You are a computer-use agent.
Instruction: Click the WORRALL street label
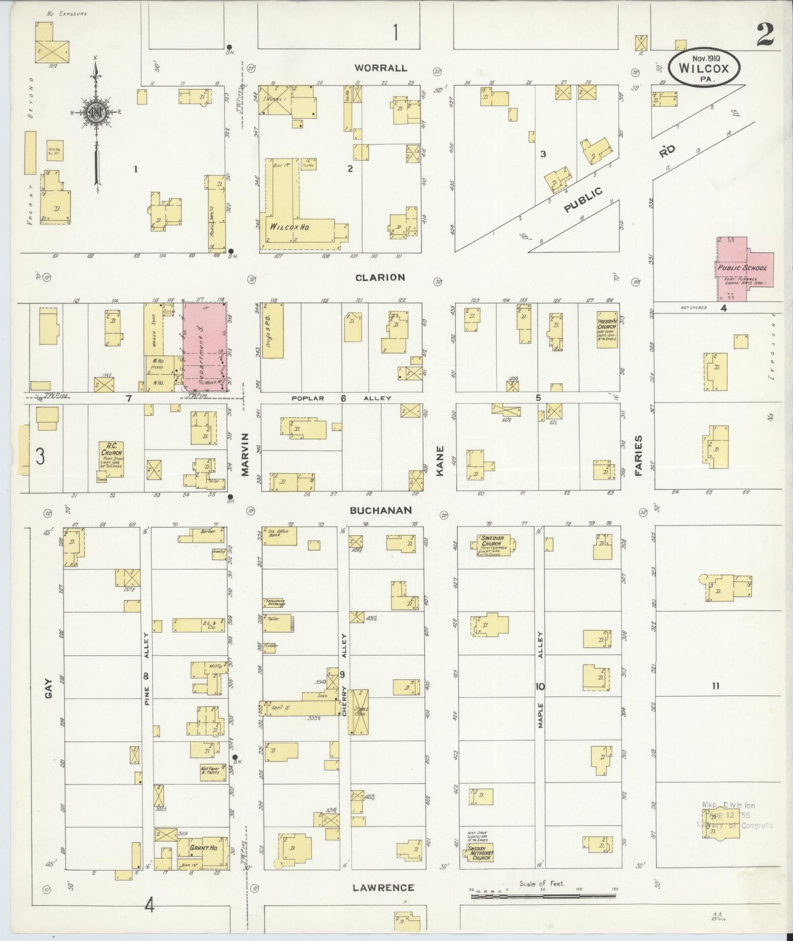(380, 68)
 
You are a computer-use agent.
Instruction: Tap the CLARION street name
(380, 277)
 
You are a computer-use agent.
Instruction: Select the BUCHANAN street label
(380, 510)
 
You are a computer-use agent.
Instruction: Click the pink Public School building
(744, 269)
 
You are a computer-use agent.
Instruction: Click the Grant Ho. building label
(202, 848)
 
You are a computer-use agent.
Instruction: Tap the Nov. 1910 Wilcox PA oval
(704, 68)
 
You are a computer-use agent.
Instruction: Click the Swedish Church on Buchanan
(492, 545)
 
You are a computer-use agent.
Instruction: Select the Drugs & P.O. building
(273, 331)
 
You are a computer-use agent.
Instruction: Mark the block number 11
(715, 685)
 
